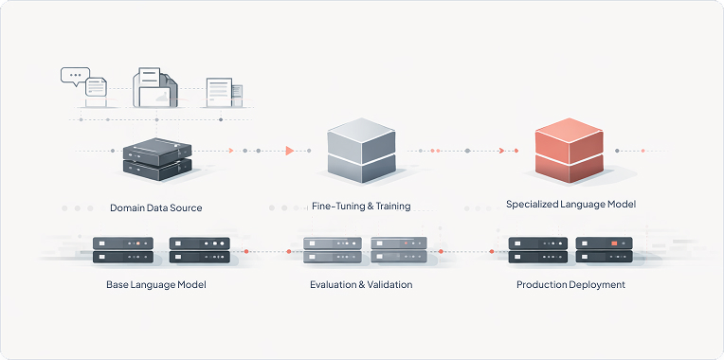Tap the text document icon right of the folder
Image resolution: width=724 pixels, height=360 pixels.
[220, 92]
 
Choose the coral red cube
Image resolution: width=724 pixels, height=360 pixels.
[570, 150]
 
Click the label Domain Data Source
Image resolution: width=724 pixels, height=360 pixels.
[155, 207]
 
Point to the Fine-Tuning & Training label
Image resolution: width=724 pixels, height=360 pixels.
[361, 206]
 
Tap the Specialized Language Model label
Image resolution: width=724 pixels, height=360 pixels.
[570, 204]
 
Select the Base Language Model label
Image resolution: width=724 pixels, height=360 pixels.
[156, 284]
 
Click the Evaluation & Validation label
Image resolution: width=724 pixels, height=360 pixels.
[361, 284]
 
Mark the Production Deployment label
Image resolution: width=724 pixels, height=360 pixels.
[570, 284]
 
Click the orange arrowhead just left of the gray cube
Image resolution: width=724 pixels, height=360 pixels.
[289, 151]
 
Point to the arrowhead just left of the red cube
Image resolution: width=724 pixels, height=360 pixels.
[501, 151]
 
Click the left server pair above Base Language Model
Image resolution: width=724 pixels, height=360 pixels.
[123, 250]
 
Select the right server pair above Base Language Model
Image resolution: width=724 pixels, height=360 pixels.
[199, 250]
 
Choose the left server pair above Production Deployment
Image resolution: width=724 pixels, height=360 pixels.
[537, 250]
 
